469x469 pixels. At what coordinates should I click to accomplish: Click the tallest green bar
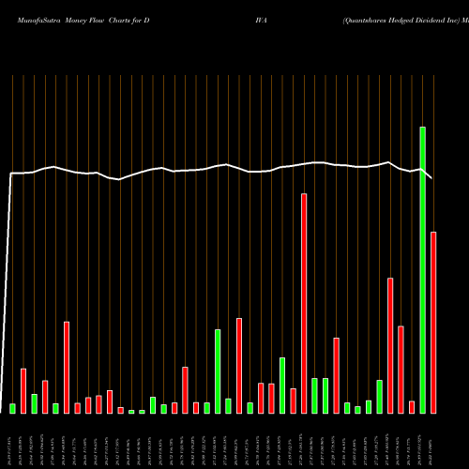[x=422, y=270]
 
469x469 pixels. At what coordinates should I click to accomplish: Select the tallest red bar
[x=304, y=303]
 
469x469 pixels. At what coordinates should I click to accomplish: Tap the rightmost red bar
[x=433, y=322]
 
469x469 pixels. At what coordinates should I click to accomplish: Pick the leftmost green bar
[x=13, y=408]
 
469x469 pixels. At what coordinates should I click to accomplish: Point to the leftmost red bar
[x=23, y=390]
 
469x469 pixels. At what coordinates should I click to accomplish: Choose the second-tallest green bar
[x=218, y=371]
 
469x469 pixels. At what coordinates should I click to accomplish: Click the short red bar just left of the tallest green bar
[x=412, y=406]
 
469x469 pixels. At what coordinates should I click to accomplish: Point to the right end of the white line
[x=432, y=178]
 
